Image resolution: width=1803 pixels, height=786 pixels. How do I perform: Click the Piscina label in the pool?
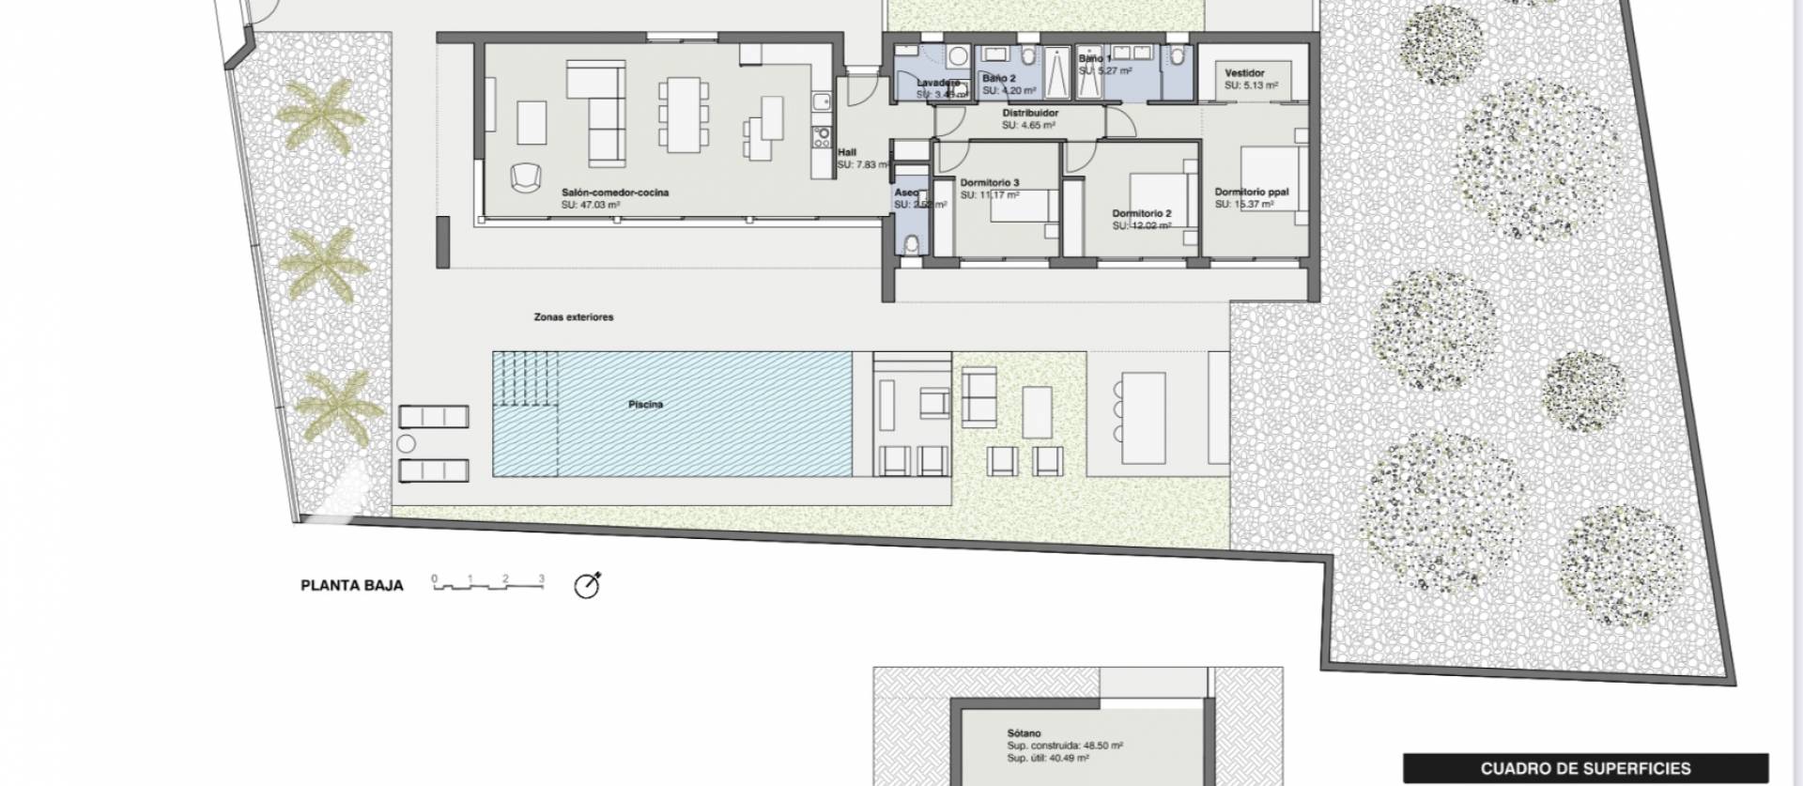pyautogui.click(x=645, y=405)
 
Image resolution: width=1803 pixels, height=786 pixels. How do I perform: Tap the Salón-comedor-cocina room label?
pyautogui.click(x=615, y=193)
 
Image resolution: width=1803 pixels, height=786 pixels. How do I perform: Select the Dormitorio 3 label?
pyautogui.click(x=990, y=183)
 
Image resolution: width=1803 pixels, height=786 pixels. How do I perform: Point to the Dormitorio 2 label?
pyautogui.click(x=1141, y=214)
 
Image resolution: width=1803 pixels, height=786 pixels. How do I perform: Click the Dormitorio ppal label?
pyautogui.click(x=1251, y=193)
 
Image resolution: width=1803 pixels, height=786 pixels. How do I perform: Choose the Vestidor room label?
pyautogui.click(x=1244, y=73)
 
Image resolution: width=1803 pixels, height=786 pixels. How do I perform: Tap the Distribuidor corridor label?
pyautogui.click(x=1029, y=114)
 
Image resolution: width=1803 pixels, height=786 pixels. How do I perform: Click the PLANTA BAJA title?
pyautogui.click(x=351, y=585)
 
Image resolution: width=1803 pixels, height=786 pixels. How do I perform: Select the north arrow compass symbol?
pyautogui.click(x=588, y=585)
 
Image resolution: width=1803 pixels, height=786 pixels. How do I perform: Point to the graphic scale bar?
pyautogui.click(x=488, y=585)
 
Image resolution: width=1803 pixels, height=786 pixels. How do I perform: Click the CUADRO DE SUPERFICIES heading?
pyautogui.click(x=1585, y=768)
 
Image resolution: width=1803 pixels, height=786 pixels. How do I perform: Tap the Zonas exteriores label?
pyautogui.click(x=573, y=317)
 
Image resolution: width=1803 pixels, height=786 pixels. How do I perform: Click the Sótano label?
pyautogui.click(x=1024, y=733)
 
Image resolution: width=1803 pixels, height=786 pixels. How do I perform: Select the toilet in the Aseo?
pyautogui.click(x=909, y=244)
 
